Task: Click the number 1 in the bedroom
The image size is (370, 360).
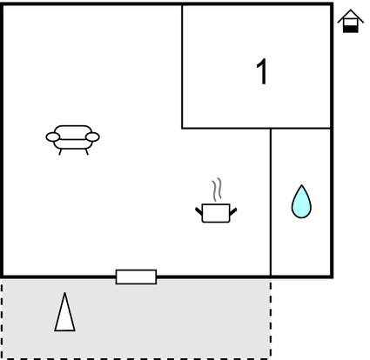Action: coord(262,71)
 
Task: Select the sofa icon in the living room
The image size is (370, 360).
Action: coord(73,140)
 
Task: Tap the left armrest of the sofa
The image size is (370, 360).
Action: coord(53,137)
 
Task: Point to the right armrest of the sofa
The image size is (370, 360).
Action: coord(92,137)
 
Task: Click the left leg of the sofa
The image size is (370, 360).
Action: coord(60,152)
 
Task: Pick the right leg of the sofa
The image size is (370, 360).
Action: coord(86,152)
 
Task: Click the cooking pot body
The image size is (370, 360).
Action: coord(216,213)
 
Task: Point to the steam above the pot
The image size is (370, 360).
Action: coord(217,190)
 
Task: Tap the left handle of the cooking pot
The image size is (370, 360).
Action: coord(198,211)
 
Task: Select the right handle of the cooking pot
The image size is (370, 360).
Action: coord(233,211)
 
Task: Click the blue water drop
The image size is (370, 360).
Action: coord(301,202)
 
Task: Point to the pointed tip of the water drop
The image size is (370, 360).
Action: coord(302,185)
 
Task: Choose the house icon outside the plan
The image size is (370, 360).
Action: coord(351,21)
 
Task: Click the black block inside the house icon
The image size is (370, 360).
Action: coord(351,29)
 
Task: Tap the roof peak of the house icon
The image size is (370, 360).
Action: coord(351,10)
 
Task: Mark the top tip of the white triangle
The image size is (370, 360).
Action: coord(64,293)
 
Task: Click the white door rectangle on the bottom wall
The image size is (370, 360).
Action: coord(136,277)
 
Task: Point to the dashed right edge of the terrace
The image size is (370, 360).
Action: coord(271,319)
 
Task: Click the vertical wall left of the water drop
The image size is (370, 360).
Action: coord(271,202)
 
